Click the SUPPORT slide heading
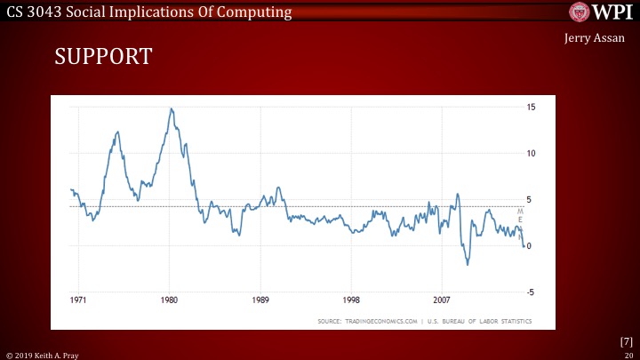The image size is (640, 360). (104, 57)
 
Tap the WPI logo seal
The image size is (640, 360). (580, 13)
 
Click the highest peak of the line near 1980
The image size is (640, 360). (171, 108)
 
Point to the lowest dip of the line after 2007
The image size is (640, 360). (468, 264)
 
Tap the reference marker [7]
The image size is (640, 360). (626, 341)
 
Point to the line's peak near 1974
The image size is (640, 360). (117, 132)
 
